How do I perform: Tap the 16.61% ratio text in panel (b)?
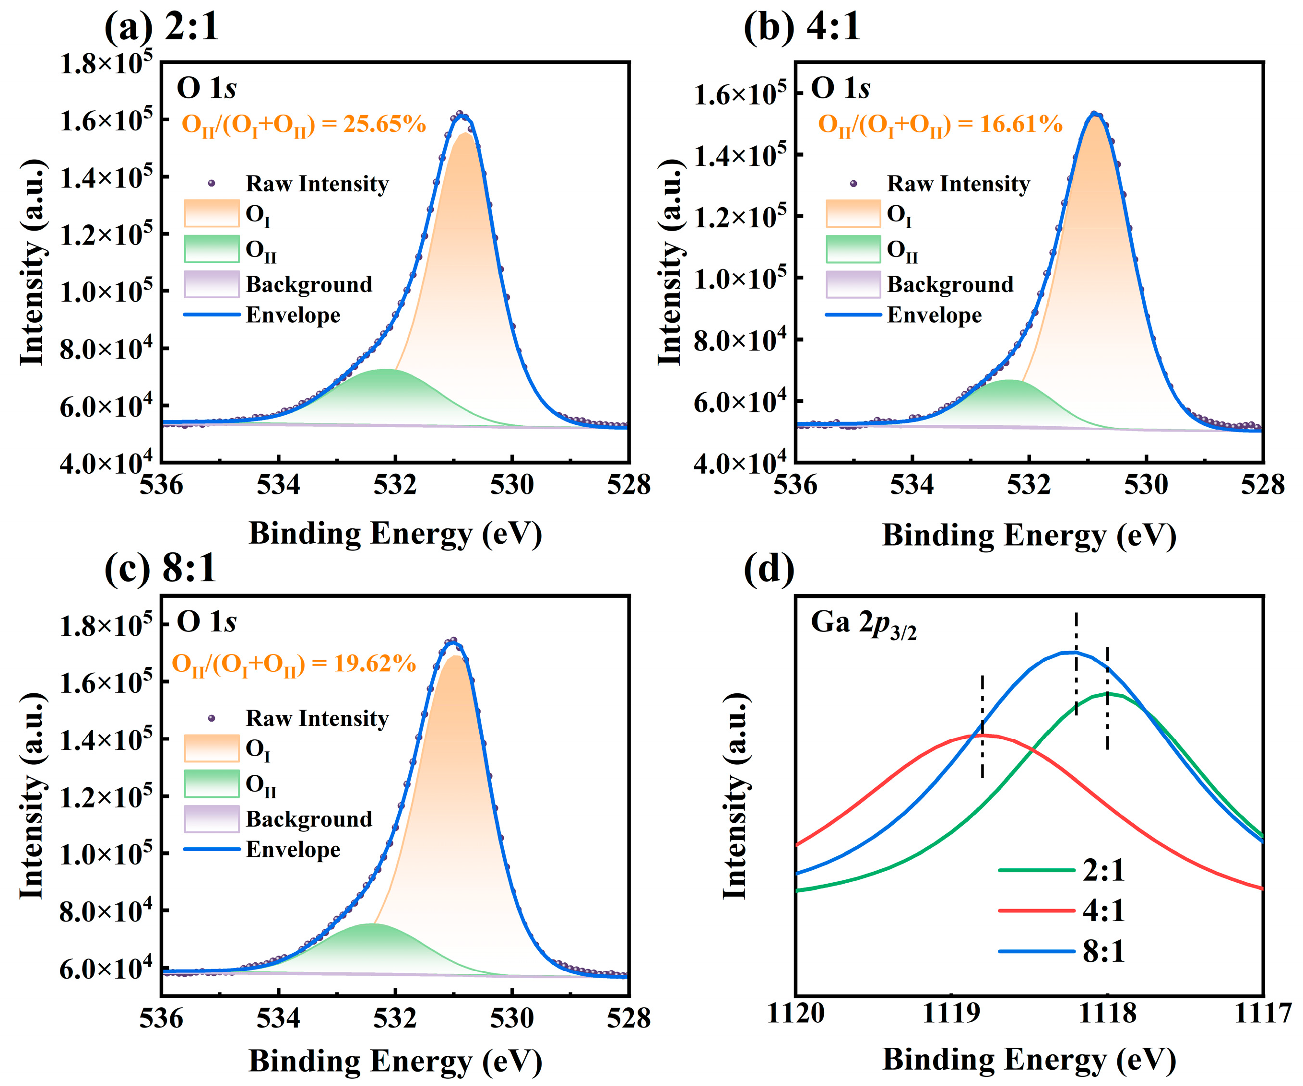[939, 125]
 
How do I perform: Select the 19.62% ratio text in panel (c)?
[294, 664]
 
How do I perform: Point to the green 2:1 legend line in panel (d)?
[1036, 870]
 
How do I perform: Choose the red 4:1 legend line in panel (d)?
[1036, 911]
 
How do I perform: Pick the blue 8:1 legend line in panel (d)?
[1036, 951]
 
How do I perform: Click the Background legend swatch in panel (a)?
[212, 284]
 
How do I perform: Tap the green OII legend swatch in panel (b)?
[853, 249]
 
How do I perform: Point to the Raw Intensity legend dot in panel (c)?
[212, 718]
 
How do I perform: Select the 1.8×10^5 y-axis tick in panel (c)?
[106, 625]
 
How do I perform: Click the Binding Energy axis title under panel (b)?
[1029, 535]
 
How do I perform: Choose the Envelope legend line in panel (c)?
[212, 849]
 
